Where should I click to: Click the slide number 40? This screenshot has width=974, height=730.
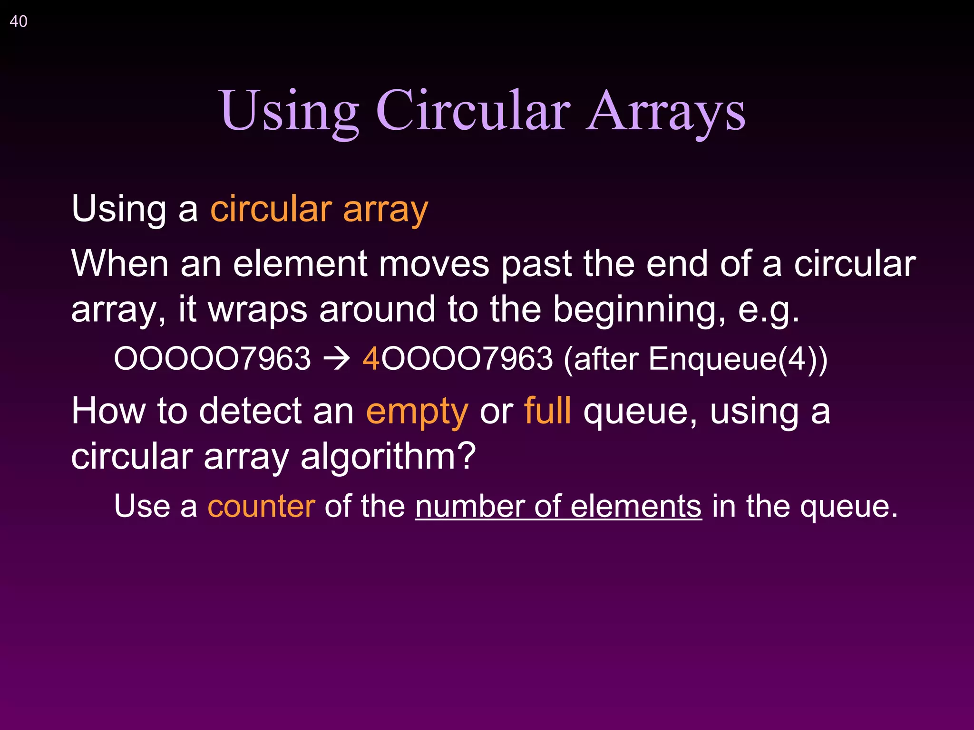point(19,21)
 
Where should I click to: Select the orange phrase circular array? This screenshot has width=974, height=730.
point(319,209)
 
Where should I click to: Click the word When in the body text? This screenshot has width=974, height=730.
point(119,264)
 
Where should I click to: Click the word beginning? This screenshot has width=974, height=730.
point(639,310)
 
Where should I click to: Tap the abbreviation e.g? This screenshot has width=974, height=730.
point(768,310)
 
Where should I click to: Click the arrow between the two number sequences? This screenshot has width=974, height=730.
point(337,359)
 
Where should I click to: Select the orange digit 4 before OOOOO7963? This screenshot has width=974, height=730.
point(371,359)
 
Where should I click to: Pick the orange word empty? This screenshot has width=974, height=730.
point(417,412)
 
